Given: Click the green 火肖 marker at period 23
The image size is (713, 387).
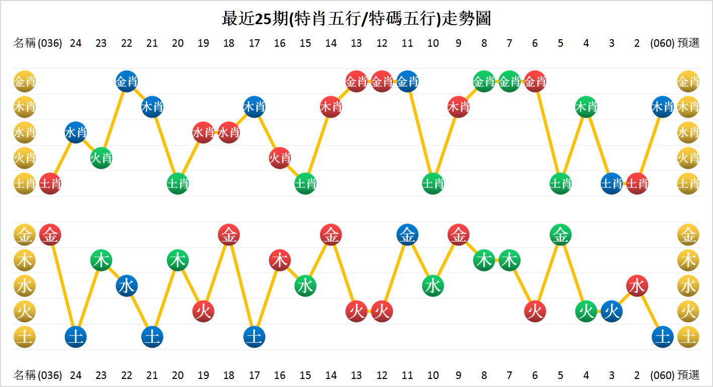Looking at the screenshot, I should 101,158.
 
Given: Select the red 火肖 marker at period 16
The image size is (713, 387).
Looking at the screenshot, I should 280,158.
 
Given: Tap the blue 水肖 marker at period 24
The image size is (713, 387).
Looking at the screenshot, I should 76,133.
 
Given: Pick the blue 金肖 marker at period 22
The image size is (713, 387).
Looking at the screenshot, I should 127,81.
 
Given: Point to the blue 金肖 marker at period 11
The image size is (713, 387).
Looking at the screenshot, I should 408,81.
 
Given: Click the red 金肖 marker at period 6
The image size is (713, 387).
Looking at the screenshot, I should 535,81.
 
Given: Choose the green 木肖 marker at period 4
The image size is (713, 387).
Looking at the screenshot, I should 586,107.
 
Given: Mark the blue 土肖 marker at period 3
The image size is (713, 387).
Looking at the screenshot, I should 612,184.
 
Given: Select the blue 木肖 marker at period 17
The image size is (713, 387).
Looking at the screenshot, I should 254,107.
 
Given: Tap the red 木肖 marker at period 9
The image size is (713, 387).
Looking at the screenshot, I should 458,107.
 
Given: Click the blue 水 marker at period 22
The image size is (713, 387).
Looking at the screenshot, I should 127,286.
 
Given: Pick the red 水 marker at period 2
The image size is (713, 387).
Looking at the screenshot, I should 637,286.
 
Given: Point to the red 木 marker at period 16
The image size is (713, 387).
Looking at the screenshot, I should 280,260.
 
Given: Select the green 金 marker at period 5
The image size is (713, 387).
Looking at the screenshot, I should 560,235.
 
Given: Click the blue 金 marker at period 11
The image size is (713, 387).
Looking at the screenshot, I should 408,235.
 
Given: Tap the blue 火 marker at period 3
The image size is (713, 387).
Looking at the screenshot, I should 612,312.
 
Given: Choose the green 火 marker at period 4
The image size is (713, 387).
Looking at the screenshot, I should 586,312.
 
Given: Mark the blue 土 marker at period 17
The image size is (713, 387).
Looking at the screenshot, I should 254,337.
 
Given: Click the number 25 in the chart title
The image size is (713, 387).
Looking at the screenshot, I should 263,19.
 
